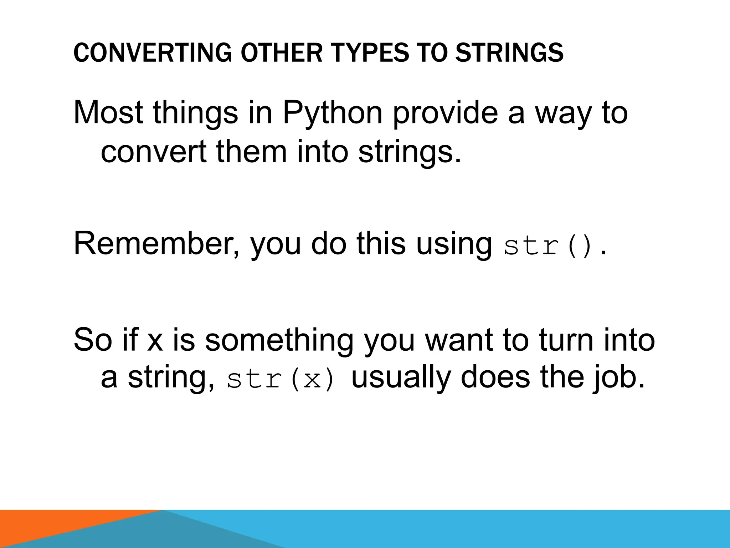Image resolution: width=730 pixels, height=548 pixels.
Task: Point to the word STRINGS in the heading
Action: (x=510, y=52)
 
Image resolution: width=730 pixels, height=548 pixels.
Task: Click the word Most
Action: (x=108, y=113)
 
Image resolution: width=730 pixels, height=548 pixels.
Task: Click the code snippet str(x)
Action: (x=281, y=380)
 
